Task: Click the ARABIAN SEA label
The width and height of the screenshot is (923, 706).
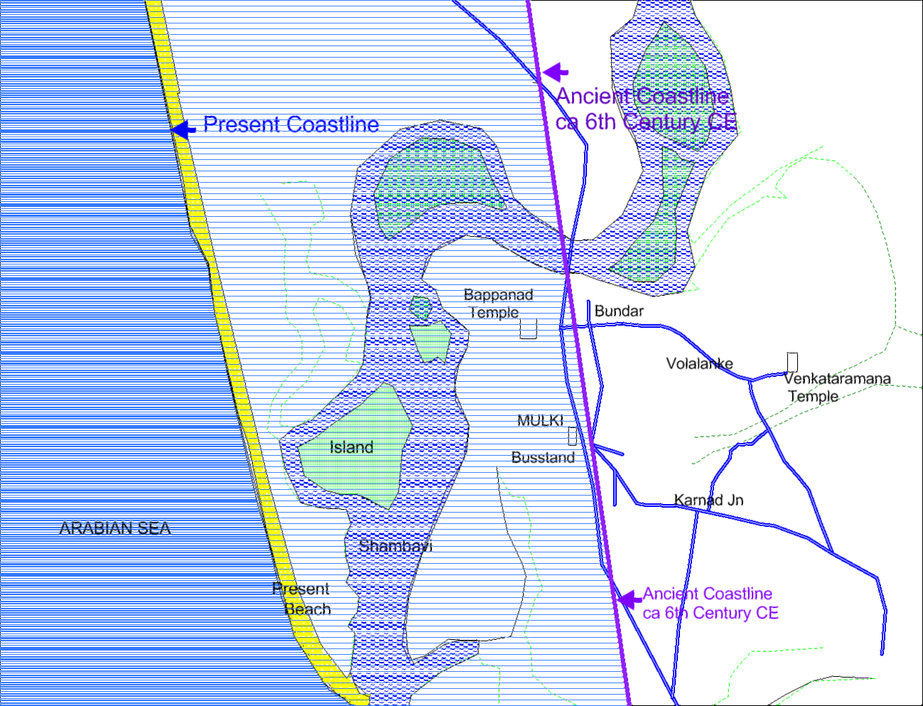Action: (x=115, y=528)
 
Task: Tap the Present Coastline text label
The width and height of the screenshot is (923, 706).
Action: (x=291, y=124)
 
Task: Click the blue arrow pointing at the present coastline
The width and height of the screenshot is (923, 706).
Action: (x=183, y=129)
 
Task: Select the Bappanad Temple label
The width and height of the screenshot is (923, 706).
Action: (x=497, y=304)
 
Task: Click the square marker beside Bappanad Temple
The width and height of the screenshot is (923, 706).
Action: (x=528, y=328)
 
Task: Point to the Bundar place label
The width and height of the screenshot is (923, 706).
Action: (x=619, y=311)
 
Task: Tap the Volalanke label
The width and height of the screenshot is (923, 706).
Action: (x=699, y=364)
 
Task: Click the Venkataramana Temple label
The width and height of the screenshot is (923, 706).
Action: (x=836, y=387)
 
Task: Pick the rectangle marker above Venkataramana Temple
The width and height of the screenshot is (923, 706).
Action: (x=792, y=362)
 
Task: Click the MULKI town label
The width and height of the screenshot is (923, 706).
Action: (x=540, y=420)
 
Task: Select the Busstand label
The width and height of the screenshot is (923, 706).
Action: (x=543, y=458)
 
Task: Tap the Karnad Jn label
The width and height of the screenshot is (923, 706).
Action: (x=708, y=501)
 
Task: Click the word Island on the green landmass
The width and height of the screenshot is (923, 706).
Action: (x=351, y=447)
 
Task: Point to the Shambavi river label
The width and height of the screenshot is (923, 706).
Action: (x=395, y=546)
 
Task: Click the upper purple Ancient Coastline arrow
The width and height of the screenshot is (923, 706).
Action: (x=555, y=71)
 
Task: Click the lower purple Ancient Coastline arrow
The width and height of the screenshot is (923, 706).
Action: (x=629, y=599)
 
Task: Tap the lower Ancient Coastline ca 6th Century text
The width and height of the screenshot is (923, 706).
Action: (x=710, y=603)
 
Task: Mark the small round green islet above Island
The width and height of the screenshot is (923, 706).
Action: (x=421, y=308)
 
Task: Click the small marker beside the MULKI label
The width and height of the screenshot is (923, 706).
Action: (x=572, y=436)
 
